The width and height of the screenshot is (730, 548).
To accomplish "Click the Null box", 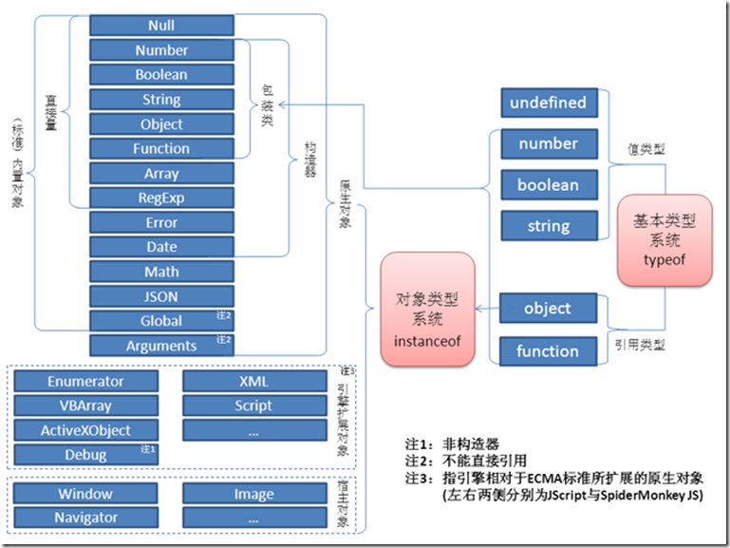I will click(161, 26).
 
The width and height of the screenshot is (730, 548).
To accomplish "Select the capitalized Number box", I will click(161, 50).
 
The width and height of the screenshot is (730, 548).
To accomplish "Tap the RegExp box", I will click(161, 198).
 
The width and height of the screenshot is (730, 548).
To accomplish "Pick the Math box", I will click(161, 272).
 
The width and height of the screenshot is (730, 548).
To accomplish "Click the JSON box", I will click(161, 296).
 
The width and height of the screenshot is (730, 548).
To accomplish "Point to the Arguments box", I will click(161, 346).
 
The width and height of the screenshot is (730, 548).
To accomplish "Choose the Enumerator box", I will click(85, 381).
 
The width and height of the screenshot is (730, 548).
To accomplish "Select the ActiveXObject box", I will click(85, 430).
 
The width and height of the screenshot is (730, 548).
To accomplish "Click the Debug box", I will click(85, 455).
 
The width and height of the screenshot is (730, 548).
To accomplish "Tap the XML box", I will click(253, 381).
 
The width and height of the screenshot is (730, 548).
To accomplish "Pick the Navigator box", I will click(85, 518).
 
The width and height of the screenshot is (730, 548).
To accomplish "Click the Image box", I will click(253, 494).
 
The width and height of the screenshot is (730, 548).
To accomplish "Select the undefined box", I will click(548, 103).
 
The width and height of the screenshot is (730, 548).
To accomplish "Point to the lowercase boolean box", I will click(548, 185).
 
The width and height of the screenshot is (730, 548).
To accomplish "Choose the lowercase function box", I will click(548, 351).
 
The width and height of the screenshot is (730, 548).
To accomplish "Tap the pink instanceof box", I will click(426, 309).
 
